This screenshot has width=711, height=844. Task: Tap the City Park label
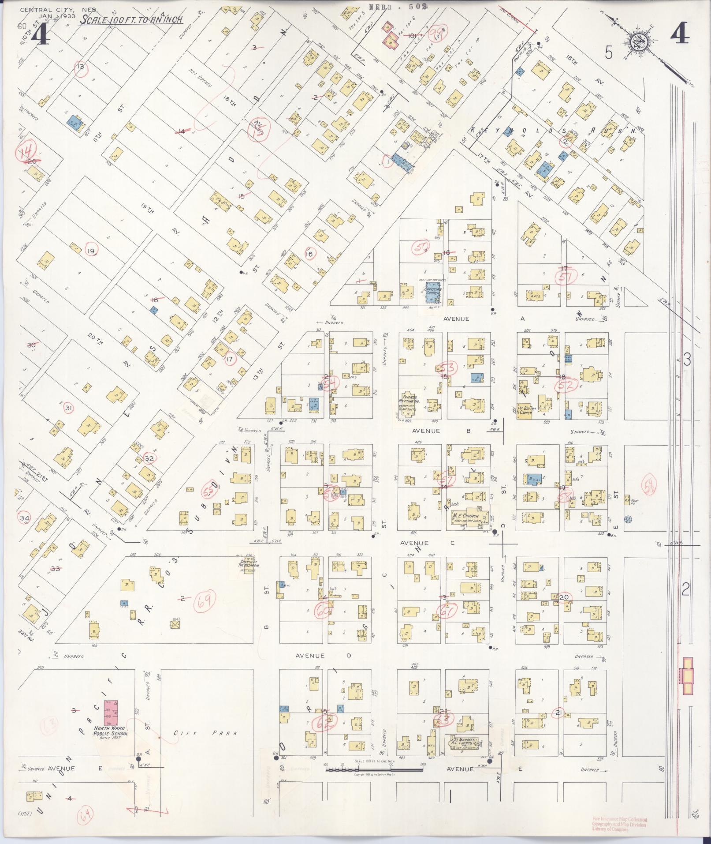coord(205,733)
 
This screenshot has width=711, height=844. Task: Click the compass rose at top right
coord(636,43)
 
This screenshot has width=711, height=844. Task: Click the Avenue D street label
coord(324,656)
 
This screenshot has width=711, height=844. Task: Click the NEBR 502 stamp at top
coord(392,7)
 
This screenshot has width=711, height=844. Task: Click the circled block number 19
coord(91,251)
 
